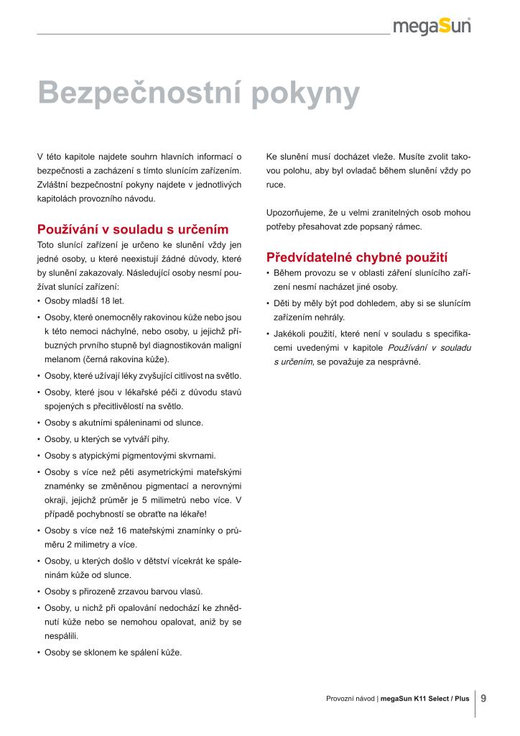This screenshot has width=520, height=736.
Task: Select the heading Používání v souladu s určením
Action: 133,230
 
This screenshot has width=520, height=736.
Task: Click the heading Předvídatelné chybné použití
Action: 356,257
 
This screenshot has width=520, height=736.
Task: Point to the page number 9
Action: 484,697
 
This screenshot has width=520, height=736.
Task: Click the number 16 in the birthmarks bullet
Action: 121,531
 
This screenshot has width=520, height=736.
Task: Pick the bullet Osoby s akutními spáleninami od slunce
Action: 124,423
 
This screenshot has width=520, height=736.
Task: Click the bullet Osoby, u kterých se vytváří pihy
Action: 107,438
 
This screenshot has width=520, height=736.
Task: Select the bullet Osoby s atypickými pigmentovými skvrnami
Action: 130,455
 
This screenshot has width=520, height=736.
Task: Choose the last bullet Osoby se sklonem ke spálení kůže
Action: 113,653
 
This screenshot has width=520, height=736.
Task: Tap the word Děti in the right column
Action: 283,303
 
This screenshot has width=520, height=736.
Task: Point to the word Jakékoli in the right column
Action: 292,333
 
